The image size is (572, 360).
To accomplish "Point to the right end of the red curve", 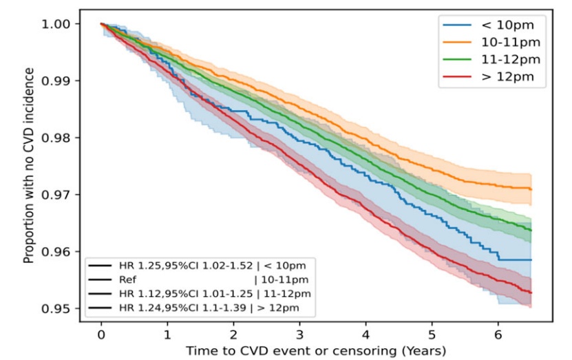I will (x=531, y=293).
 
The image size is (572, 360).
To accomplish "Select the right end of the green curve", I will (x=531, y=230).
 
